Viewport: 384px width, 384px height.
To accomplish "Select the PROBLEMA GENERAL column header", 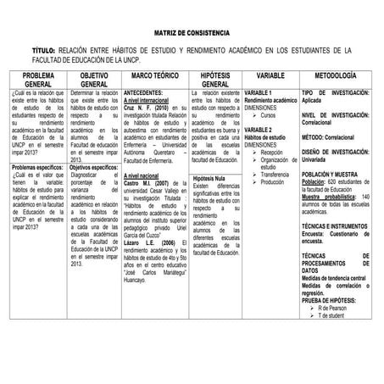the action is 32,80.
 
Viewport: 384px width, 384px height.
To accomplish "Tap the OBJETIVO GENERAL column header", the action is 92,80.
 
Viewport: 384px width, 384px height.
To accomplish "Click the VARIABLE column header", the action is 270,75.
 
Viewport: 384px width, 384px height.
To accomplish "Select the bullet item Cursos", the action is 269,115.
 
